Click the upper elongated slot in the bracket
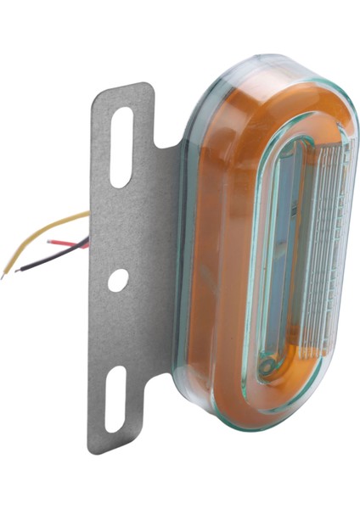pyautogui.click(x=122, y=146)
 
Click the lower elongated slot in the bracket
pyautogui.click(x=115, y=398)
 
